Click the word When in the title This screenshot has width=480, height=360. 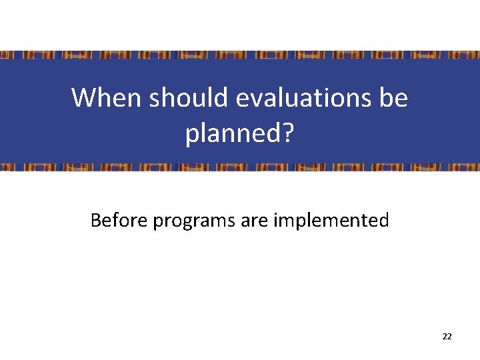click(x=107, y=98)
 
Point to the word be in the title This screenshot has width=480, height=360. click(x=394, y=98)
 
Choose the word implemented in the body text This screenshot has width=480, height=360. click(x=331, y=221)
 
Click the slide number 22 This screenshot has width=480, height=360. click(x=447, y=337)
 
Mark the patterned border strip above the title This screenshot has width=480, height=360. click(x=240, y=55)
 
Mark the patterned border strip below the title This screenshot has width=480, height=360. click(x=240, y=167)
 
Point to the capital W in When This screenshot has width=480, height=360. click(x=83, y=98)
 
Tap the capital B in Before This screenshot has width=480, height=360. click(x=95, y=219)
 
